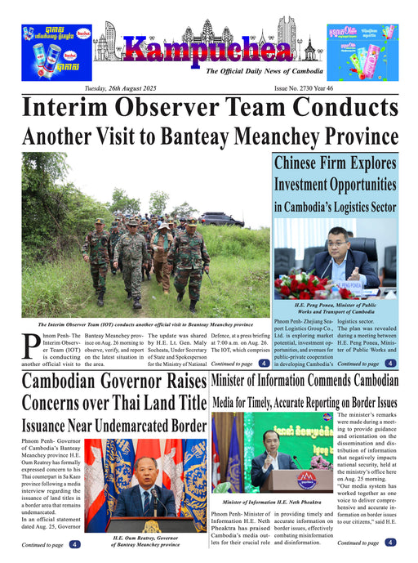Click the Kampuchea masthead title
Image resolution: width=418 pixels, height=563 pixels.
[x=210, y=51]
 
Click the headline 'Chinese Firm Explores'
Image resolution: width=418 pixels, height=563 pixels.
[x=335, y=164]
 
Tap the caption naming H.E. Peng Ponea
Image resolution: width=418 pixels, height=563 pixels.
[x=335, y=307]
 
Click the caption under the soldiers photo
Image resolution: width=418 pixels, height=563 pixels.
[x=145, y=324]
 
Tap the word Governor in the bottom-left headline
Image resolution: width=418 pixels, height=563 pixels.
[x=130, y=382]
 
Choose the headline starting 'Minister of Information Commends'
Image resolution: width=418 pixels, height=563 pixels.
[x=305, y=381]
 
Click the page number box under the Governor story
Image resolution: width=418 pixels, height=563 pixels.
[x=74, y=544]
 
